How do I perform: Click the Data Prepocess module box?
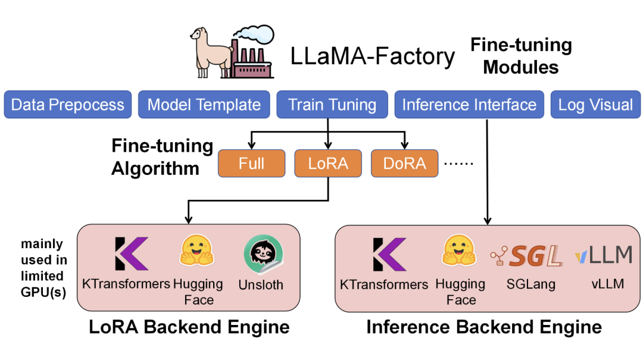point(67,105)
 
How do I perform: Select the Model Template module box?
point(204,105)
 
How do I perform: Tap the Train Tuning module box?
point(332,105)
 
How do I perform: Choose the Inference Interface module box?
point(469,105)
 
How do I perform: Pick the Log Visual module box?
point(595,105)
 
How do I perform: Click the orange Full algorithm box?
point(251,164)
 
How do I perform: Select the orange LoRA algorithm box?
point(329,164)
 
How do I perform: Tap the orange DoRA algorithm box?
point(405,164)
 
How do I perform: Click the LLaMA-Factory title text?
point(373,57)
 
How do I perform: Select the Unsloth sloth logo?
point(261,255)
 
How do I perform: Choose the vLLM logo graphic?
point(603,255)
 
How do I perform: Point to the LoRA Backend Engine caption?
point(189,327)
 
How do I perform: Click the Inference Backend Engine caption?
point(483,327)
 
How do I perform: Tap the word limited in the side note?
point(42,276)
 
